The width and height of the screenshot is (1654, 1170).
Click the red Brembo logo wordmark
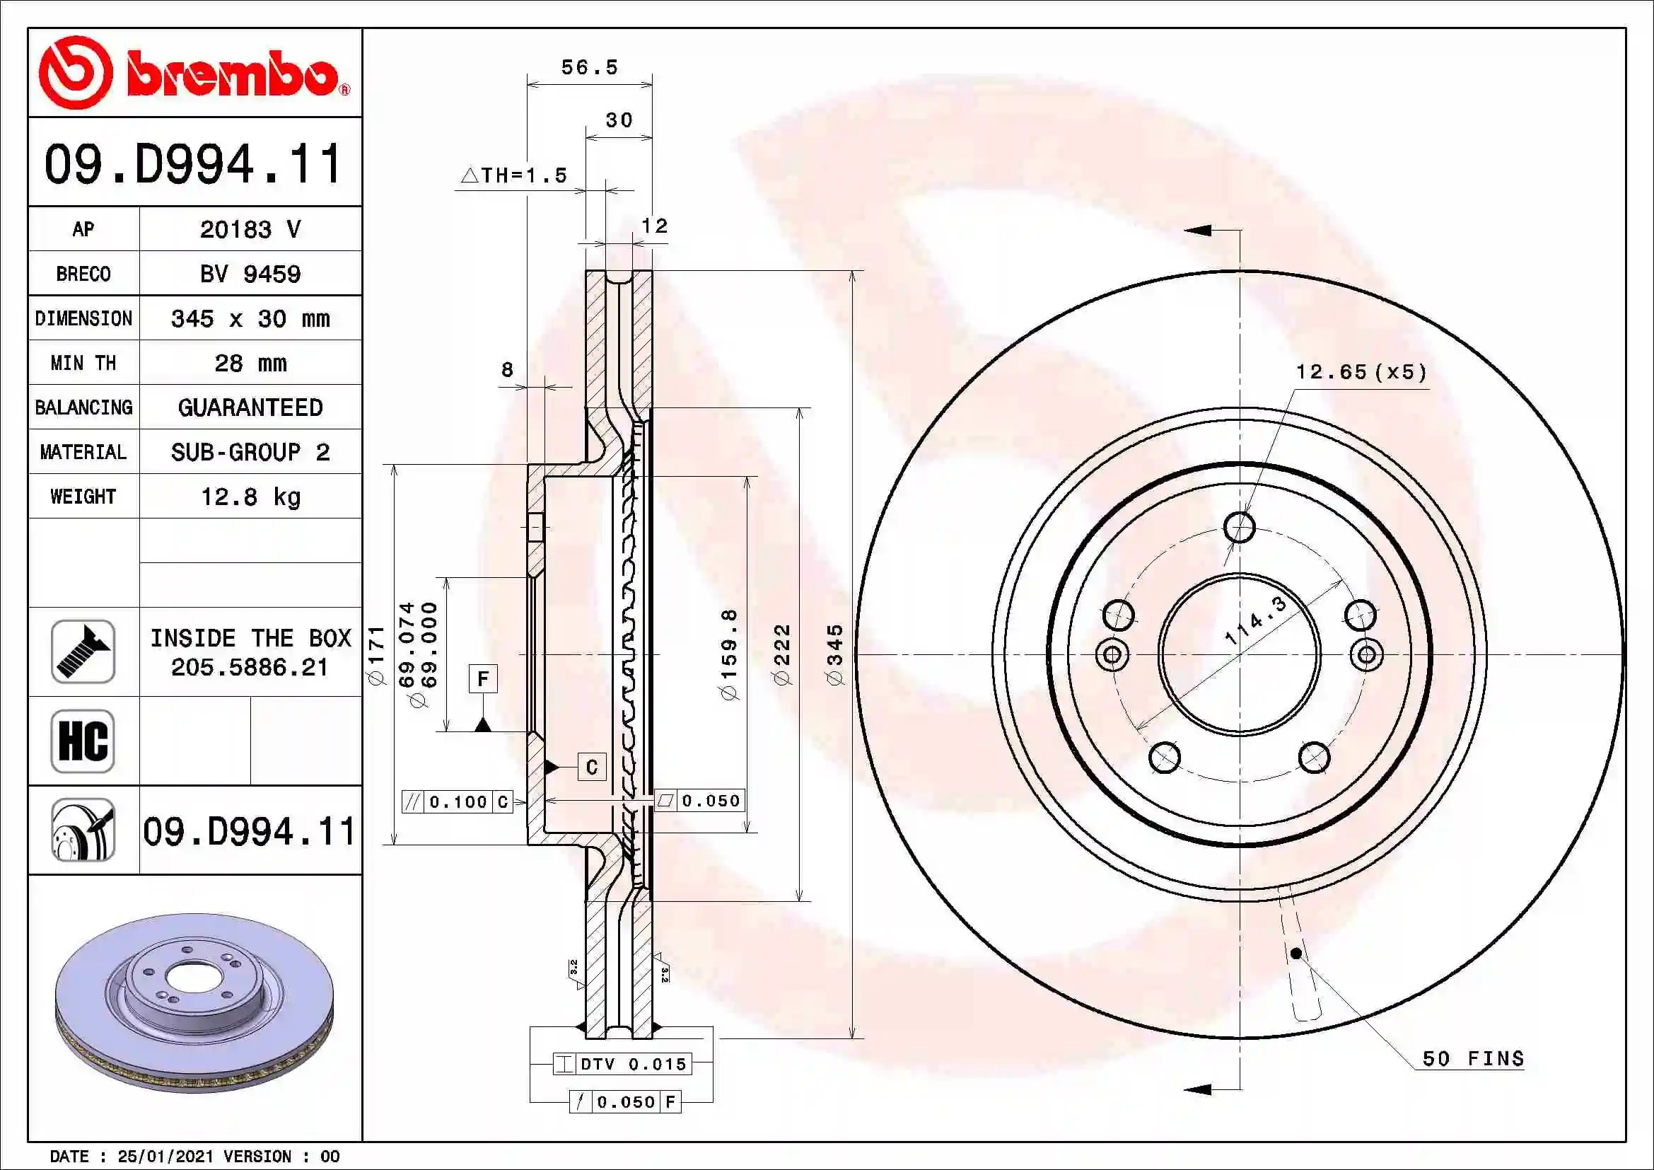(x=232, y=74)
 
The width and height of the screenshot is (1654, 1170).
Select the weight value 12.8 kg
(x=250, y=497)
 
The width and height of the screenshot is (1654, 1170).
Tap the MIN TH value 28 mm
(x=250, y=362)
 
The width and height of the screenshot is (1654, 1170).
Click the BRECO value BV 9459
(x=250, y=274)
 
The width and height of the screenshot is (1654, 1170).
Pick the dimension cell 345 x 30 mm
(x=250, y=318)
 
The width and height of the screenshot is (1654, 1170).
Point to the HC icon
(x=83, y=741)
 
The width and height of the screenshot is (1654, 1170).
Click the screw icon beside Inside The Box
(x=83, y=651)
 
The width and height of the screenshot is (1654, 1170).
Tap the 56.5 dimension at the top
(x=589, y=67)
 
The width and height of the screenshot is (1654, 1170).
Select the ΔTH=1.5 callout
(x=513, y=175)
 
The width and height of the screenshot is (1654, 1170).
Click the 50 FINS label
(x=1473, y=1058)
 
